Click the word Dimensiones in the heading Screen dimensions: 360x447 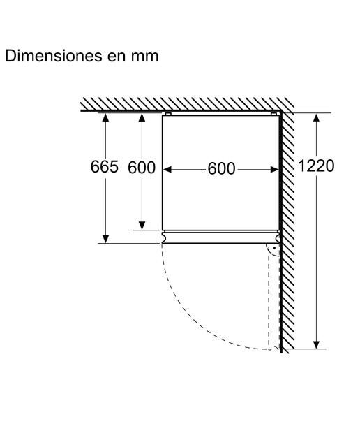click(x=54, y=56)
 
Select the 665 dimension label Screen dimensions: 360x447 click(x=104, y=167)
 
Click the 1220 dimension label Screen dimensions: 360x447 click(x=316, y=166)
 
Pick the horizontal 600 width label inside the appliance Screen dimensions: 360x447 click(x=221, y=168)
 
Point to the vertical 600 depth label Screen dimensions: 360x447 click(x=142, y=168)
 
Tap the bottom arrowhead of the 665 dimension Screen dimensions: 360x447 click(x=105, y=239)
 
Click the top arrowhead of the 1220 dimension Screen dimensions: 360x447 click(x=316, y=118)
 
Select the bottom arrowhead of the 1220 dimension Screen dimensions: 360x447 click(x=316, y=344)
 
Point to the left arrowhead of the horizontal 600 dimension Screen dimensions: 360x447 click(x=167, y=170)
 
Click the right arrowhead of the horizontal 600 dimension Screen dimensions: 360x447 click(x=275, y=170)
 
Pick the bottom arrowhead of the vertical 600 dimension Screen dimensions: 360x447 click(x=142, y=226)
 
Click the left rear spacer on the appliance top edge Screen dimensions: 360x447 click(x=168, y=115)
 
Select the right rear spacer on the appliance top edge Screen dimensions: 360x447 click(x=273, y=115)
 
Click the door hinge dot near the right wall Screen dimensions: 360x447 click(x=274, y=248)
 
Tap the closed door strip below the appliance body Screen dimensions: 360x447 click(x=220, y=237)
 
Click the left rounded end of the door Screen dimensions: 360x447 click(x=163, y=237)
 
